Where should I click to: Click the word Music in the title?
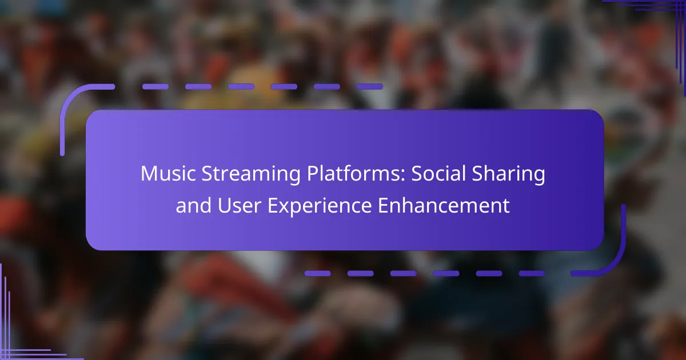click(168, 173)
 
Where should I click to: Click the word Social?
click(438, 173)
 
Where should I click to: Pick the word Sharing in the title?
click(508, 174)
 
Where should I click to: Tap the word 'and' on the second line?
click(194, 205)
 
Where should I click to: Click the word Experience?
click(320, 207)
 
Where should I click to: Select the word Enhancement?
click(444, 205)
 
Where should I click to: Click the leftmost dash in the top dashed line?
click(155, 87)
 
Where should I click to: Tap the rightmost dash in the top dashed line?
click(370, 87)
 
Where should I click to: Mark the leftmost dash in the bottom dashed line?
click(318, 273)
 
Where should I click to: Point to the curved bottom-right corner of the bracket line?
click(615, 264)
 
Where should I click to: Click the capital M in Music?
click(148, 174)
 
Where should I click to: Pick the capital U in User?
click(224, 205)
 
